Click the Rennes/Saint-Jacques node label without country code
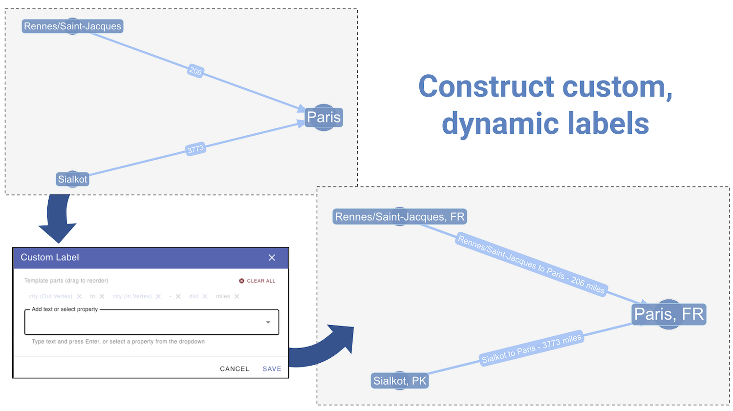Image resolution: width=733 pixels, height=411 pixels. tap(72, 26)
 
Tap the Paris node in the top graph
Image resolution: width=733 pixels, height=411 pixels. tap(323, 118)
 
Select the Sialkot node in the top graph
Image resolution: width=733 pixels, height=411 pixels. tap(73, 179)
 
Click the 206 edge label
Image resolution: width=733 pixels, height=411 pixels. tap(195, 71)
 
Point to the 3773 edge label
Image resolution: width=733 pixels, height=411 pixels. tap(195, 149)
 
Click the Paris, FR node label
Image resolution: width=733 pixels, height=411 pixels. tap(668, 314)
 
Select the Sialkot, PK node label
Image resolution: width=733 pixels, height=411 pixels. tap(400, 381)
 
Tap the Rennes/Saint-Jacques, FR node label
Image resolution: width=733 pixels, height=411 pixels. tap(399, 217)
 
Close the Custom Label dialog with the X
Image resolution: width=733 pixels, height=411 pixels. tap(272, 258)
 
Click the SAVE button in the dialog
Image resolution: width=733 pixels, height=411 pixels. tap(272, 369)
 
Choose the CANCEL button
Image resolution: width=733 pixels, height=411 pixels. tap(235, 369)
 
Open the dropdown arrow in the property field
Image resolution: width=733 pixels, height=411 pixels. tap(268, 322)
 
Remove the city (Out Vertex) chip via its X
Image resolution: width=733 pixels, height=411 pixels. tap(79, 296)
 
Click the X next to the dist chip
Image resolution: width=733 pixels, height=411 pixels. tap(205, 296)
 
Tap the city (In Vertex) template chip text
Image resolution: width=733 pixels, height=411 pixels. tap(132, 296)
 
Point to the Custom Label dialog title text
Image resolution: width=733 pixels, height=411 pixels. tap(49, 257)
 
